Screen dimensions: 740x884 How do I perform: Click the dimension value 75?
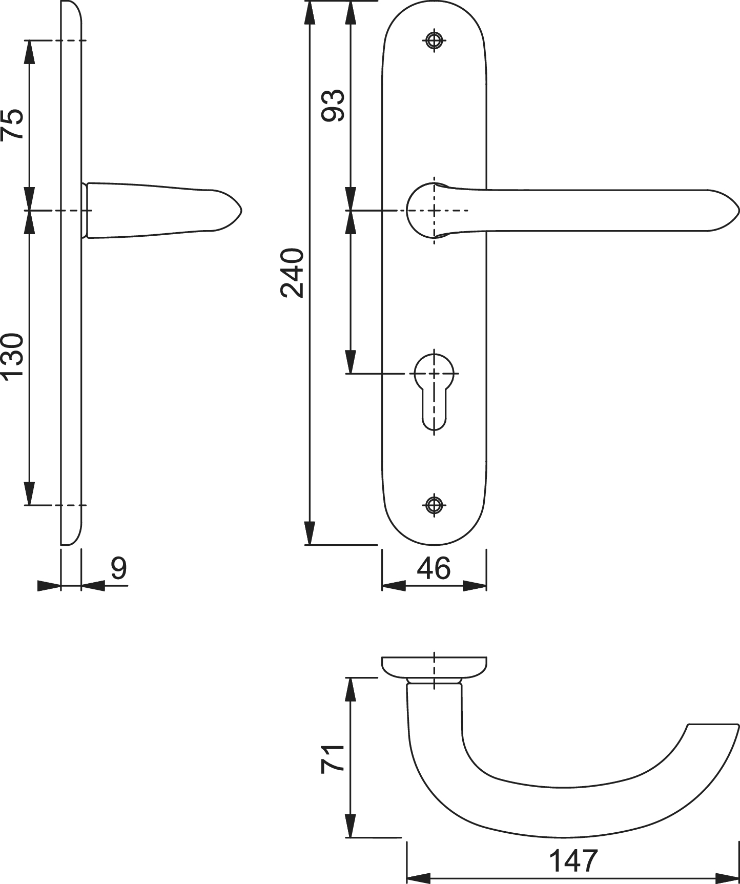(12, 124)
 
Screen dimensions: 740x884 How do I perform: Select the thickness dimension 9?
(119, 568)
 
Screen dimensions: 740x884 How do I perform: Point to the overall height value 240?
(292, 273)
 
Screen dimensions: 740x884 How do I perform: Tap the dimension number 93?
(333, 105)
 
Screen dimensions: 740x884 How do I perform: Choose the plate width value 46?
(434, 568)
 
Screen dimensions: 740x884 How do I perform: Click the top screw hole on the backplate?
(435, 40)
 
